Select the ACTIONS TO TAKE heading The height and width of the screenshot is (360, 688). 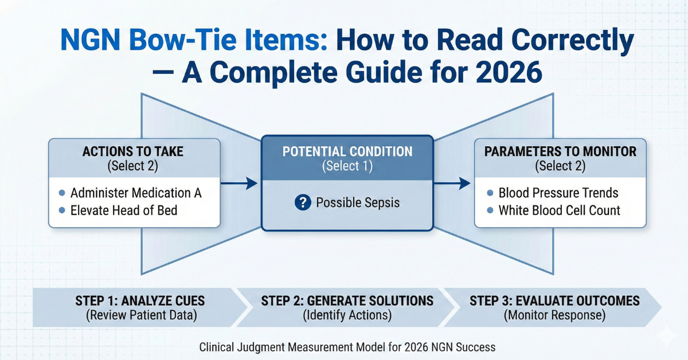coord(134,151)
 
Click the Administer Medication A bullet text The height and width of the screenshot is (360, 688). coord(136,193)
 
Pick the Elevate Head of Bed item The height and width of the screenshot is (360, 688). coord(124,210)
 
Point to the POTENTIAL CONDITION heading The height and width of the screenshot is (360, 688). coord(347,152)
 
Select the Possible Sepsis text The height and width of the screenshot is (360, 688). coord(358,202)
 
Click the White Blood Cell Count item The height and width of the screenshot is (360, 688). coord(559,210)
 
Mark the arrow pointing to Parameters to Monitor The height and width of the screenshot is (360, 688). coord(454,183)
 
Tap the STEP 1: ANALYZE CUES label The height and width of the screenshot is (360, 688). coord(140,301)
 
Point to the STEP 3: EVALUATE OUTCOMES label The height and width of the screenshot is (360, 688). coord(554,301)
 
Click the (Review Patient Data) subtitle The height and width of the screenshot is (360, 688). coord(140,315)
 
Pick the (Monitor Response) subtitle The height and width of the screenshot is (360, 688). coord(554,315)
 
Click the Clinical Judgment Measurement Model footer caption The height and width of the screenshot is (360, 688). coord(347,347)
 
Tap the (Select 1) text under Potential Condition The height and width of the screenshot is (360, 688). coord(347,166)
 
